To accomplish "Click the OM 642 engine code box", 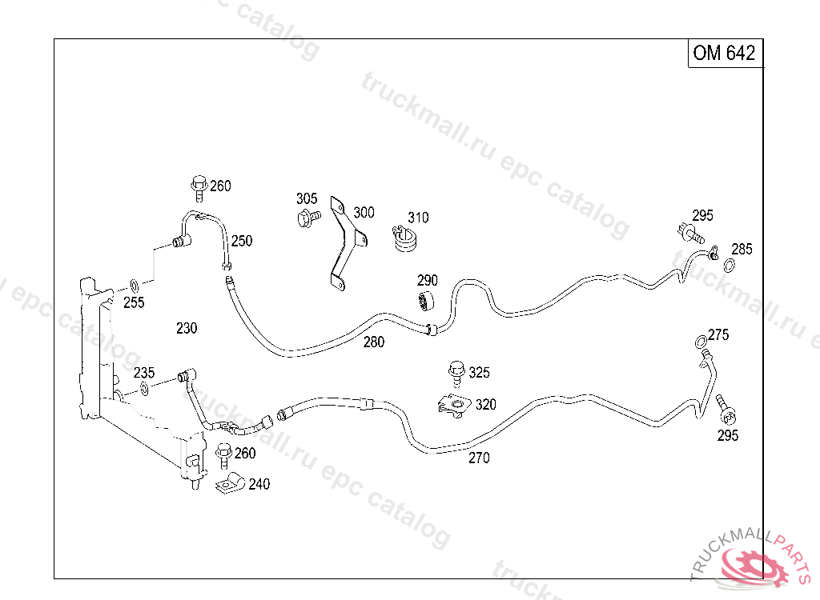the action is click(x=724, y=54).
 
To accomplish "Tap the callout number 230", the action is click(x=186, y=328).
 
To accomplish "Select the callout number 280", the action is click(x=373, y=342).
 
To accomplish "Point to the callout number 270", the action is click(x=478, y=458).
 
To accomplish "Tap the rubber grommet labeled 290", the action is click(x=424, y=302).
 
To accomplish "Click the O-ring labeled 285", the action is click(x=730, y=265).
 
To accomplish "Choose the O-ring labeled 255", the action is click(x=135, y=286).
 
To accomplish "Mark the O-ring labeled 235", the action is click(x=143, y=389).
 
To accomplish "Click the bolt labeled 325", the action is click(x=457, y=372).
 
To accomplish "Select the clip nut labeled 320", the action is click(x=455, y=406).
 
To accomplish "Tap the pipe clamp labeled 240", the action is click(x=231, y=483).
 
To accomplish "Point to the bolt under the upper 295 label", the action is click(x=688, y=234).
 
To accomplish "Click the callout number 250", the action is click(x=241, y=241).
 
